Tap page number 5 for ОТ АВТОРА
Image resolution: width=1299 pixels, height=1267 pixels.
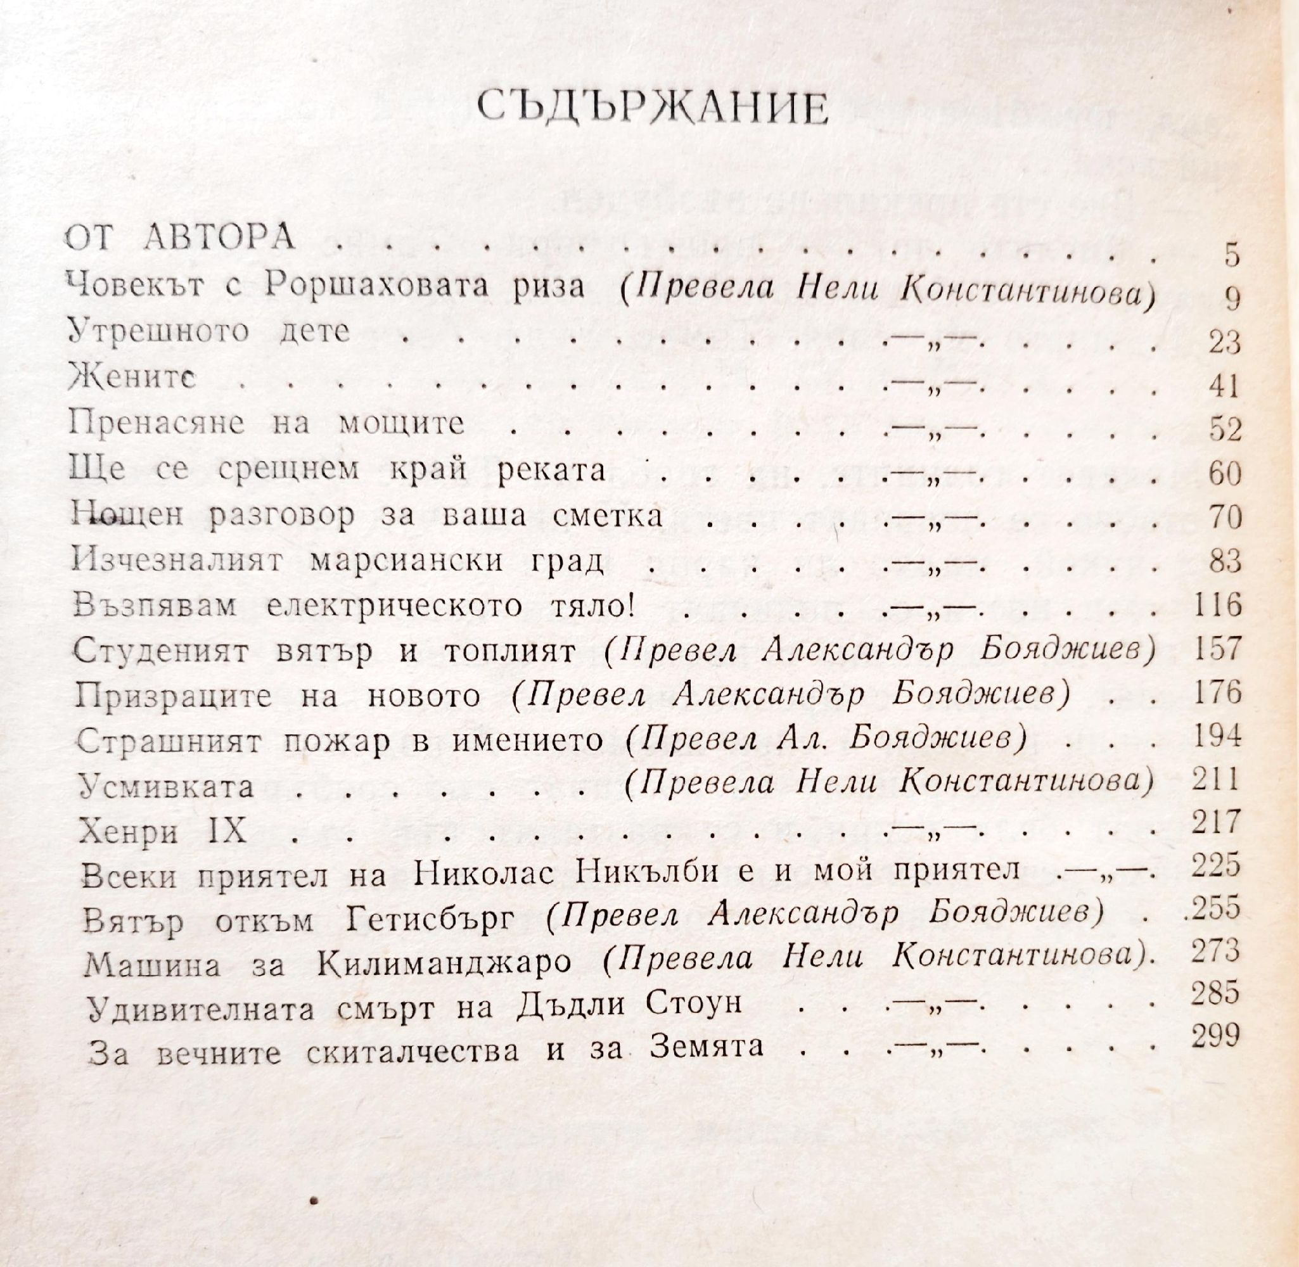[x=1232, y=256]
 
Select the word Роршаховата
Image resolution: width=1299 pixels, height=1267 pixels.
[x=374, y=287]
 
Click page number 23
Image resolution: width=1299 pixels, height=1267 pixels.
[x=1225, y=343]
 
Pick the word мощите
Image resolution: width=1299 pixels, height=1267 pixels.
[x=401, y=424]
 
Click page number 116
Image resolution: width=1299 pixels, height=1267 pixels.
[x=1215, y=605]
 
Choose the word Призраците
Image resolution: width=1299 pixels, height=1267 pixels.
[x=174, y=696]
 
